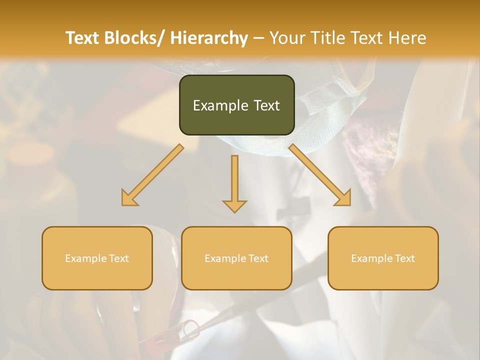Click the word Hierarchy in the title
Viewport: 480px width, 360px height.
coord(209,38)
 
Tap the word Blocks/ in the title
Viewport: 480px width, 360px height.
coord(131,38)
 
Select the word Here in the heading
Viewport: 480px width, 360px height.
coord(407,38)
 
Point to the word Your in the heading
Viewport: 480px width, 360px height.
coord(287,38)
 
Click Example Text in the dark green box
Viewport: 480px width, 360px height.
coord(236,105)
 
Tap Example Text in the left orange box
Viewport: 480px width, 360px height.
coord(97,258)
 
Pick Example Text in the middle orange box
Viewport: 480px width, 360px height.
coord(236,258)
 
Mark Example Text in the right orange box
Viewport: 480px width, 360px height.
coord(383,258)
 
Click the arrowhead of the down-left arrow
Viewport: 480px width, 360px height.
coord(129,198)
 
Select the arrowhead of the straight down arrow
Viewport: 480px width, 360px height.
coord(234,205)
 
